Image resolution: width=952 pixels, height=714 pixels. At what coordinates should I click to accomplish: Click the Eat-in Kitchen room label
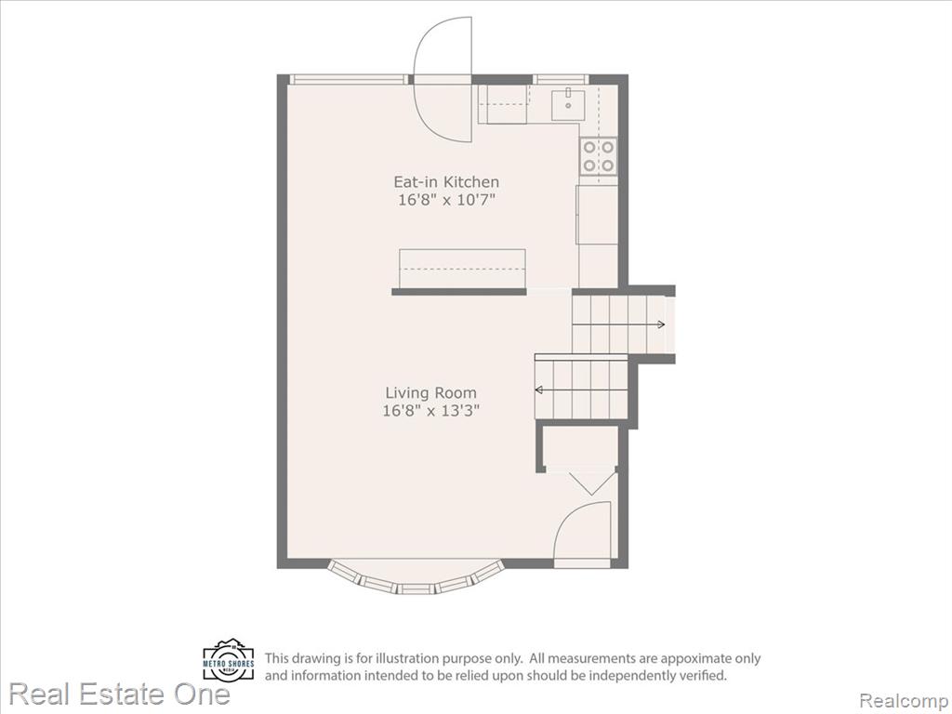point(446,181)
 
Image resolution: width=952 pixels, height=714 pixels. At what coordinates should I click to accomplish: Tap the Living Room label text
point(431,393)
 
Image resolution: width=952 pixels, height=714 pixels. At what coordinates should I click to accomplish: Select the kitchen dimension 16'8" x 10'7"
point(446,200)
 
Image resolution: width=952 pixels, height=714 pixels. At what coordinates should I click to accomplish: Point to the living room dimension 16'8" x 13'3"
point(431,411)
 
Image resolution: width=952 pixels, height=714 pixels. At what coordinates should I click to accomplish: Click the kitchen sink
point(568,105)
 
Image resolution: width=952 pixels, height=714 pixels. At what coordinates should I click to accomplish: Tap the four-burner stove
point(598,156)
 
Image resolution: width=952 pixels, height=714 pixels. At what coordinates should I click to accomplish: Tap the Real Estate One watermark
point(120,694)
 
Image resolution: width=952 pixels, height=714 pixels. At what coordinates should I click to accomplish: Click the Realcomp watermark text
point(904,701)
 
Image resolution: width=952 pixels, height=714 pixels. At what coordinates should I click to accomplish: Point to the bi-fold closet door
point(588,482)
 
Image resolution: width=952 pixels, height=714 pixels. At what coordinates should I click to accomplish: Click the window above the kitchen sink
point(561,79)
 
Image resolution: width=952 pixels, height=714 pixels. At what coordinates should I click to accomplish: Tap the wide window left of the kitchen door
point(349,79)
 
